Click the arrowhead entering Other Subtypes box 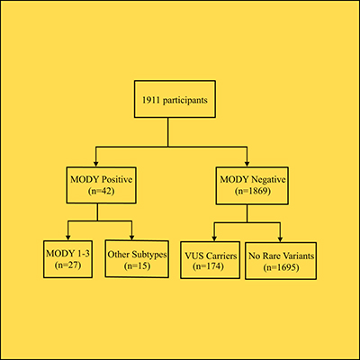tap(132, 235)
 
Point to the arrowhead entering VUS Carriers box tap(213, 235)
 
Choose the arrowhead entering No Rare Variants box tap(279, 235)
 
